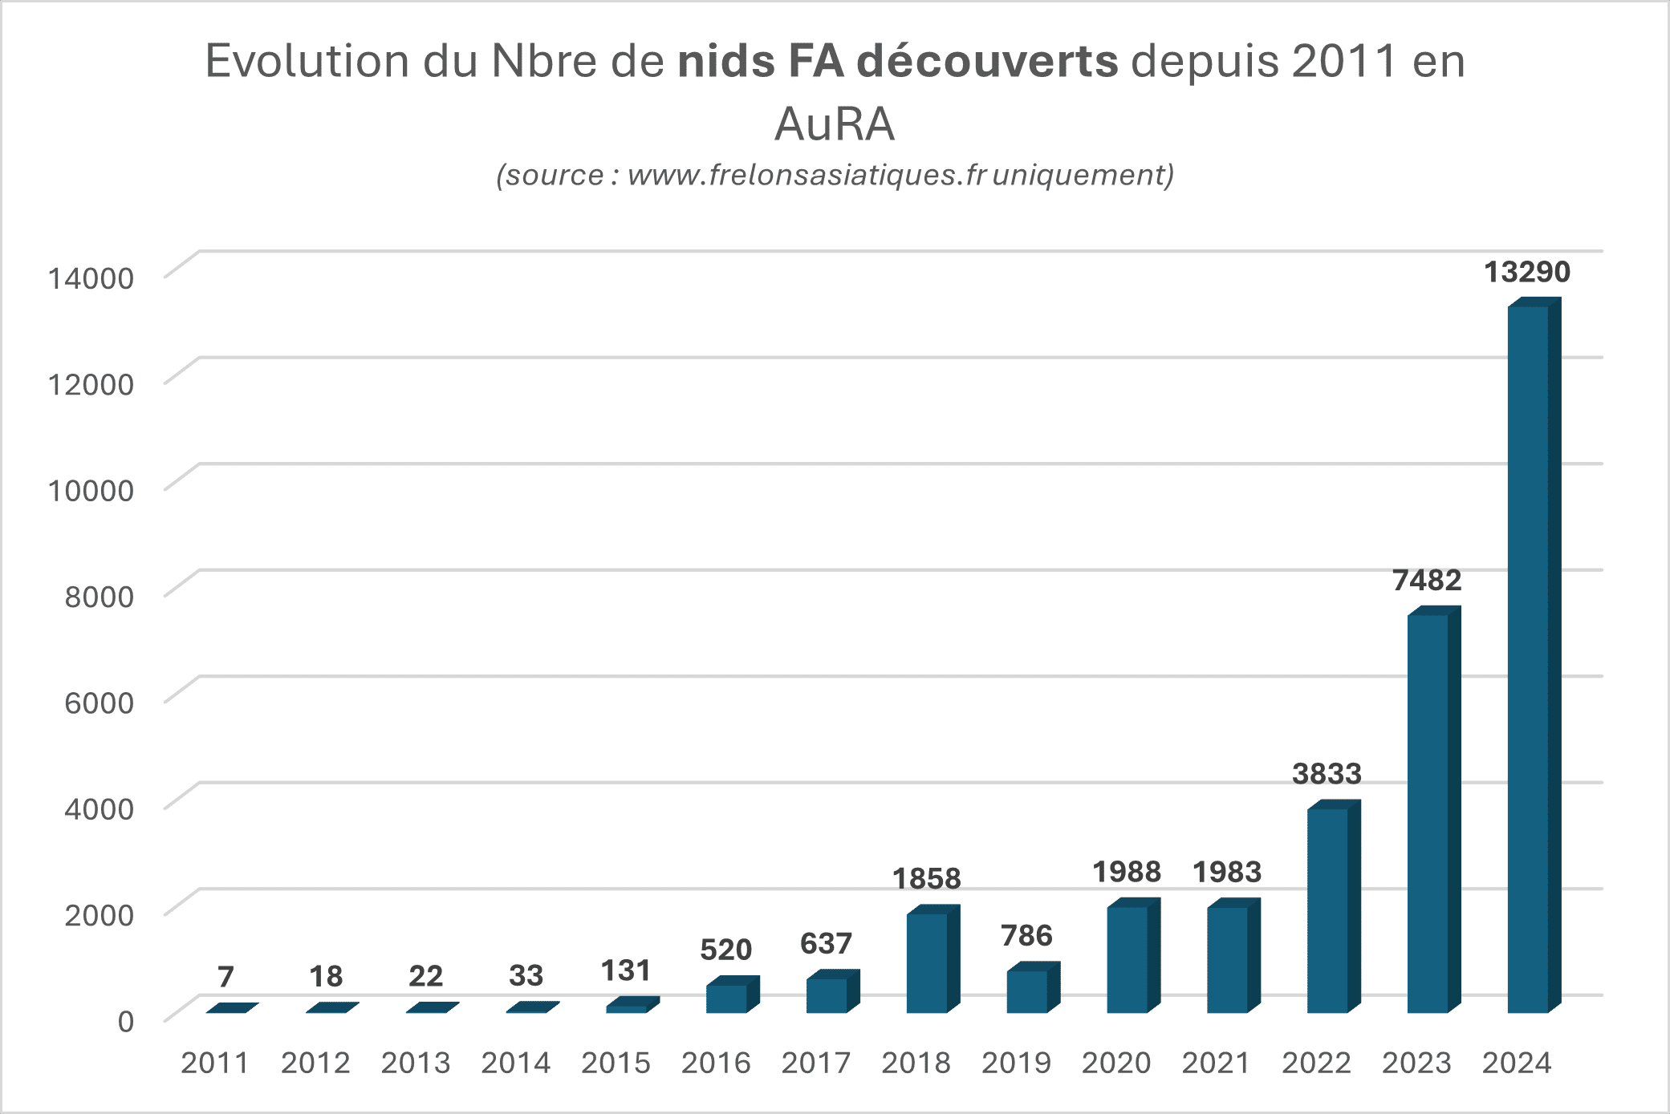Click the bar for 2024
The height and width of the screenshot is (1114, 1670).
1528,658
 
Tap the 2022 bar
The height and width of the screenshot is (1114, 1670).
1327,909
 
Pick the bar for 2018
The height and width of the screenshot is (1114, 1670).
927,962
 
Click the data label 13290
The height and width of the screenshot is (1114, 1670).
1527,272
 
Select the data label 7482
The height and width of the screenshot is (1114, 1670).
1427,580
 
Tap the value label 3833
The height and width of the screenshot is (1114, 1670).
1327,774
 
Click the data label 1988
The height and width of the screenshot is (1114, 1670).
1127,872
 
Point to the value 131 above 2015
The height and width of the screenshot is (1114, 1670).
626,970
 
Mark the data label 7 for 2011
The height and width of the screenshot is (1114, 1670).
226,976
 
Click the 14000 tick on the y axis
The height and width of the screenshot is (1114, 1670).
91,278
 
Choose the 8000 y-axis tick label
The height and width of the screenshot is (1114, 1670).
99,597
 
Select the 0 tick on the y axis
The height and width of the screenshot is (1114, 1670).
126,1022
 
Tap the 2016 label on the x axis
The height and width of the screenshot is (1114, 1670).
716,1063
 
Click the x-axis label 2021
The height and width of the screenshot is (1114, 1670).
1216,1063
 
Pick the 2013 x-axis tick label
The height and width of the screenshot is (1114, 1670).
416,1063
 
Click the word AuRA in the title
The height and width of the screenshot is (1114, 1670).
835,124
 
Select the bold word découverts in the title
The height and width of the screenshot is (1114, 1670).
987,61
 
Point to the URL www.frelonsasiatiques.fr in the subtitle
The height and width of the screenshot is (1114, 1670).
807,175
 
